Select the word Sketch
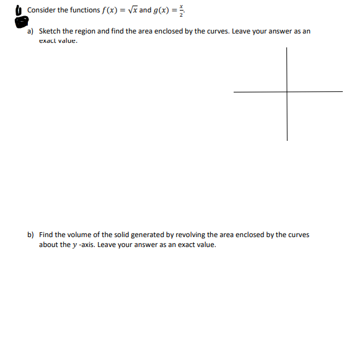pos(49,31)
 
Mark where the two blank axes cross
pos(287,92)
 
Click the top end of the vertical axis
pos(287,47)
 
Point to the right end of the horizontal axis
pos(341,92)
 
